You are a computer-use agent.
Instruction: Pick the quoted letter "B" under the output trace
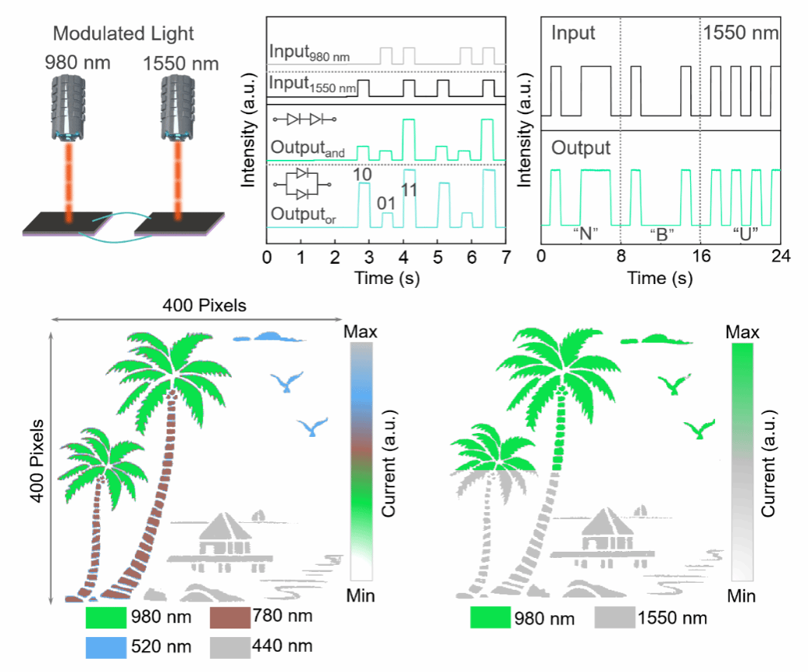coord(661,234)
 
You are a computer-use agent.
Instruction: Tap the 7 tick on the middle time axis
coord(505,256)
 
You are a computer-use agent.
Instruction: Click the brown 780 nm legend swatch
coord(229,618)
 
